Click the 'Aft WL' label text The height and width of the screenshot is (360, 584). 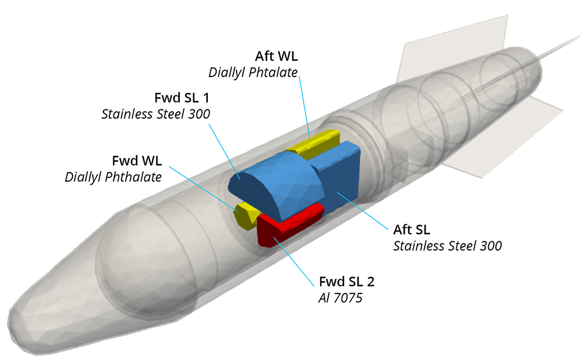276,57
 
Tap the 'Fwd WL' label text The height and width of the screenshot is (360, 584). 137,161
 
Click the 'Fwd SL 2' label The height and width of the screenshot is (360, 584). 346,282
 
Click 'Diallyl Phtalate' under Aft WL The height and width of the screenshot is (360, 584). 253,72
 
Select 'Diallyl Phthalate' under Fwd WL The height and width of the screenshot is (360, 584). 113,176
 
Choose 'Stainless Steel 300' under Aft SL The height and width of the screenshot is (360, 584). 447,245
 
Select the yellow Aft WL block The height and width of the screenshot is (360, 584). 318,141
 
